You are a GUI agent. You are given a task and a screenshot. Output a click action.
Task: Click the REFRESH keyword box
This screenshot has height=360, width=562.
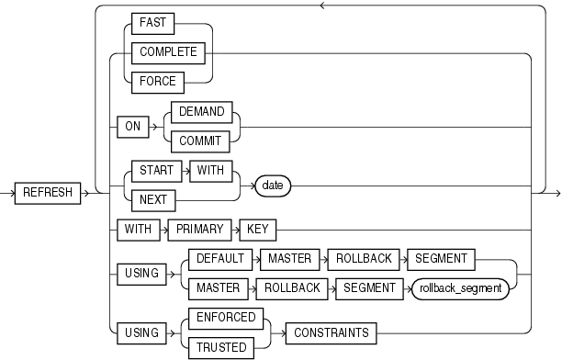click(x=48, y=193)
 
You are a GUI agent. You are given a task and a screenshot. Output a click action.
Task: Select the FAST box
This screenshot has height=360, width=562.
click(x=153, y=24)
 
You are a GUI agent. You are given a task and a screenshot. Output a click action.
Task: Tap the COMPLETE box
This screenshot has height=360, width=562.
click(x=168, y=53)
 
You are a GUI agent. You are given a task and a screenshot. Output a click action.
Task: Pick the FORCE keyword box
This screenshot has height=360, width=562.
click(x=158, y=83)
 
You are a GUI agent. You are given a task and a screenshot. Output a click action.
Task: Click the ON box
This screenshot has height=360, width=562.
click(x=133, y=127)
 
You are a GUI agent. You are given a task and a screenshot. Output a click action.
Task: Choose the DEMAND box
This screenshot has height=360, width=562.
click(x=202, y=112)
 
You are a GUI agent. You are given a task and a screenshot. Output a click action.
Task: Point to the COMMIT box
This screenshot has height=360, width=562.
click(x=200, y=141)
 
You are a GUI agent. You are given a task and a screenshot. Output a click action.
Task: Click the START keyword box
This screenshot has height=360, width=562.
click(x=157, y=171)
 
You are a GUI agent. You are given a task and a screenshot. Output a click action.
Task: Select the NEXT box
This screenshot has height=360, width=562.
click(x=153, y=200)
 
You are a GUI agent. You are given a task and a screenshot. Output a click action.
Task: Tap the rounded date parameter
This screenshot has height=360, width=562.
click(x=273, y=186)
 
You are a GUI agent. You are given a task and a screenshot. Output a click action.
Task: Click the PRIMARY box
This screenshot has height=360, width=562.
click(x=199, y=230)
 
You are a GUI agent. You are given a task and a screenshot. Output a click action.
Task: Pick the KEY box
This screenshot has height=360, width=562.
click(x=258, y=230)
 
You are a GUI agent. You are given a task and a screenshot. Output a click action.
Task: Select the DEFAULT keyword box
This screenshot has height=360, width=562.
click(x=220, y=259)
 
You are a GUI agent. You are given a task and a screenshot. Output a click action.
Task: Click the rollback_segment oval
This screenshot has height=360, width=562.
click(x=461, y=288)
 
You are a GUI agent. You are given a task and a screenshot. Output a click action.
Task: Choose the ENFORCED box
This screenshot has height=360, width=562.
click(x=226, y=318)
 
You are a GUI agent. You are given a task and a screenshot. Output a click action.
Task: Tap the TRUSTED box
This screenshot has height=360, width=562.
click(x=221, y=347)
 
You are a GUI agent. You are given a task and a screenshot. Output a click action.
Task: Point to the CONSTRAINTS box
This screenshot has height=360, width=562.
click(x=332, y=333)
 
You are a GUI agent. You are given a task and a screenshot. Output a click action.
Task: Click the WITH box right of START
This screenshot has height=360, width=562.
click(x=211, y=171)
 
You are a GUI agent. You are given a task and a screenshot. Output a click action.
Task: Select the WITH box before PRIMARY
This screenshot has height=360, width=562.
click(x=139, y=230)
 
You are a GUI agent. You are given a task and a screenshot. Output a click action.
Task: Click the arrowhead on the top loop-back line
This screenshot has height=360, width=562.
click(x=322, y=6)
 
